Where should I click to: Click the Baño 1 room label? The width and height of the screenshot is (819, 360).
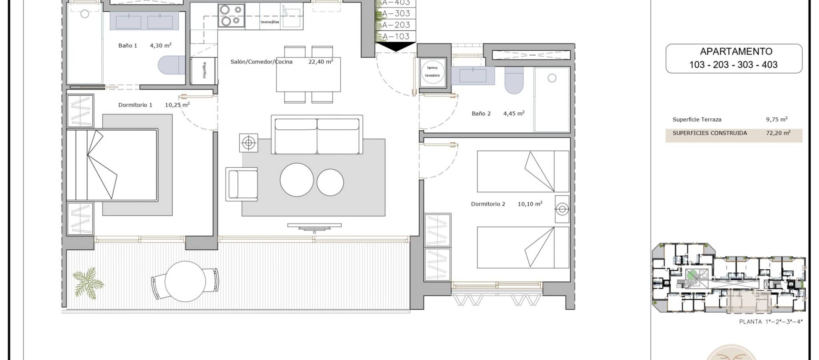pyautogui.click(x=128, y=46)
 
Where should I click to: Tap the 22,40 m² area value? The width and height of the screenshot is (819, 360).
pyautogui.click(x=321, y=62)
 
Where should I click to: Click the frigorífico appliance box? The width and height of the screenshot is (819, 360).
pyautogui.click(x=204, y=71)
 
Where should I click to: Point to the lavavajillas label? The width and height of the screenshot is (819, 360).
pyautogui.click(x=270, y=22)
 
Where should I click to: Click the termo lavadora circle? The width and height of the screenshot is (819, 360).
pyautogui.click(x=432, y=72)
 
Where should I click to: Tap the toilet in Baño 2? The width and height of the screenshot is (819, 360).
pyautogui.click(x=514, y=80)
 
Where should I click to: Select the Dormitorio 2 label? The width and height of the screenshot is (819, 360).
pyautogui.click(x=488, y=204)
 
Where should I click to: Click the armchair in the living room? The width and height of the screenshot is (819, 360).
pyautogui.click(x=242, y=184)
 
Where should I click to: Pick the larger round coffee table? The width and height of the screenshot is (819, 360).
pyautogui.click(x=297, y=180)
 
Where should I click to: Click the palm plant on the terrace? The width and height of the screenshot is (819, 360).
pyautogui.click(x=88, y=283)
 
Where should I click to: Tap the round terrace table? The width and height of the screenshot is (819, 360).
pyautogui.click(x=185, y=281)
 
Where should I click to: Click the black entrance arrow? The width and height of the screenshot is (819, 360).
pyautogui.click(x=396, y=47)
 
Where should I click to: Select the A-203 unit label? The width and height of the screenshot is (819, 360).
pyautogui.click(x=396, y=25)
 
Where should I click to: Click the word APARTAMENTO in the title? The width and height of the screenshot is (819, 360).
pyautogui.click(x=736, y=51)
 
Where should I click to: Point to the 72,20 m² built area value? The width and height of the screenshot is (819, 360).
pyautogui.click(x=778, y=133)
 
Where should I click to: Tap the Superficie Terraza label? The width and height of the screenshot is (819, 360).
pyautogui.click(x=697, y=120)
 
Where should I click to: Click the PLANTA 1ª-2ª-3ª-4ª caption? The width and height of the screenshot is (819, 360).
pyautogui.click(x=771, y=322)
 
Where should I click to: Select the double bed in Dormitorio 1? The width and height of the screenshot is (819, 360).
pyautogui.click(x=112, y=165)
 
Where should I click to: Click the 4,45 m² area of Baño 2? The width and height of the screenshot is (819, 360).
pyautogui.click(x=514, y=114)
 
